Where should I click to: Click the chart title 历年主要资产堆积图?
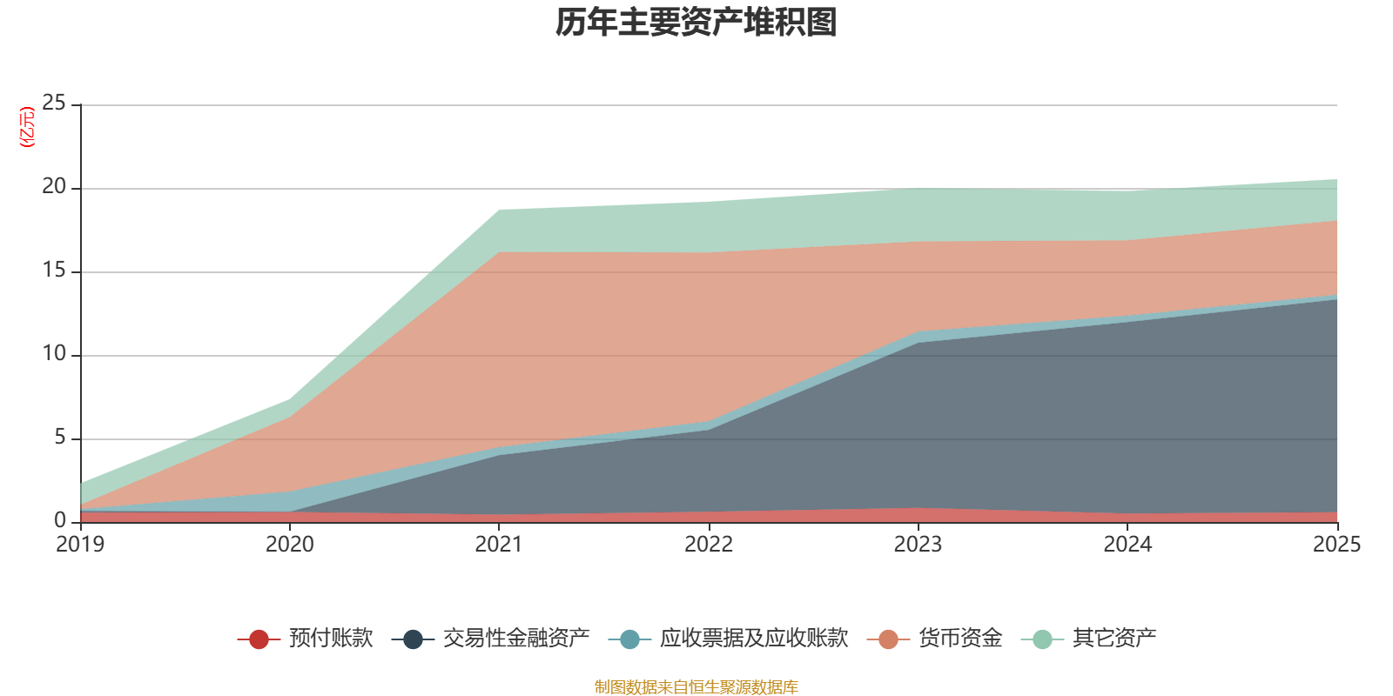[x=696, y=23]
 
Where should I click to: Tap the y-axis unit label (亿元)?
[x=28, y=127]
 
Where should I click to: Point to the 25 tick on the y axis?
[x=54, y=104]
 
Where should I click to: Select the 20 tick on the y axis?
[x=54, y=187]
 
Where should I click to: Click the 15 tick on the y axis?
[x=54, y=271]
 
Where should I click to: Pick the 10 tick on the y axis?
[x=54, y=354]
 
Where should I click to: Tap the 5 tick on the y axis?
[x=60, y=438]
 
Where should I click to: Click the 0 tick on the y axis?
[x=60, y=521]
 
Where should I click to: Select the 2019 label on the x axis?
[x=80, y=545]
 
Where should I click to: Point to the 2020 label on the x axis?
[x=290, y=545]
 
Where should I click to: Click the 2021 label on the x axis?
[x=499, y=545]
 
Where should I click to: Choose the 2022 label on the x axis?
[x=709, y=545]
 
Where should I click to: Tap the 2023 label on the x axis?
[x=918, y=545]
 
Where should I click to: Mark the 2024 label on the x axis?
[x=1127, y=545]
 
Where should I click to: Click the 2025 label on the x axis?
[x=1336, y=545]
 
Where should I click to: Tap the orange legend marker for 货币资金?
[x=888, y=639]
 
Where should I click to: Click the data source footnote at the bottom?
[x=696, y=687]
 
